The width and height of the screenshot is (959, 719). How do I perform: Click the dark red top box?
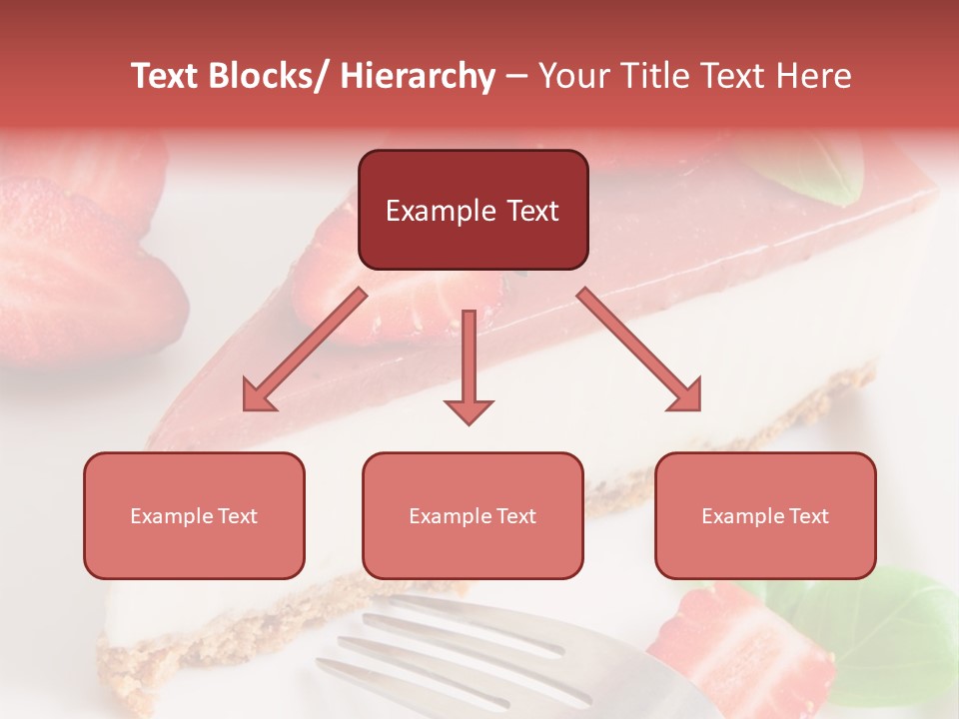click(x=473, y=210)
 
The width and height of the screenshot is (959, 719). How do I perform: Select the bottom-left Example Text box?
click(x=194, y=515)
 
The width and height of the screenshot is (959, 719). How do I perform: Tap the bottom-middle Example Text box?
click(x=473, y=515)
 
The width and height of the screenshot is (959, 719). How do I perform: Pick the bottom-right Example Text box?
click(x=765, y=515)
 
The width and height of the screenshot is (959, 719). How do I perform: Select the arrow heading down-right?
click(x=639, y=350)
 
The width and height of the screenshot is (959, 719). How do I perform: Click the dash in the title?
click(x=516, y=76)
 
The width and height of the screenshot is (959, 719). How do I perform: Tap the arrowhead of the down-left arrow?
click(x=258, y=395)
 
